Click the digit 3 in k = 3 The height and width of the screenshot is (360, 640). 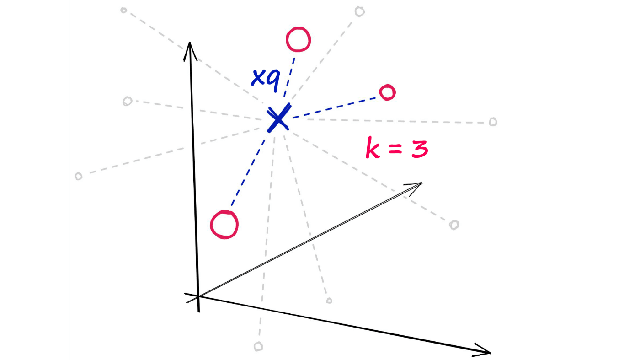pyautogui.click(x=419, y=149)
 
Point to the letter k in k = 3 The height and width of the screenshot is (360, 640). pyautogui.click(x=374, y=149)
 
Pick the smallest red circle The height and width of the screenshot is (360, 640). pyautogui.click(x=387, y=92)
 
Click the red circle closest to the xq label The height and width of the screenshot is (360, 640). pyautogui.click(x=298, y=39)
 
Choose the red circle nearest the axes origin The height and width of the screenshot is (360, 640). pyautogui.click(x=224, y=224)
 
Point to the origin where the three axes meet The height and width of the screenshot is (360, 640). pyautogui.click(x=198, y=297)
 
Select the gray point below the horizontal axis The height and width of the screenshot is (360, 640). pyautogui.click(x=258, y=346)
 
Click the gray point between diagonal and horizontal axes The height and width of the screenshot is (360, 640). pyautogui.click(x=329, y=301)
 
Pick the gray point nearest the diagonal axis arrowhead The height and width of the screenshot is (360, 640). pyautogui.click(x=454, y=225)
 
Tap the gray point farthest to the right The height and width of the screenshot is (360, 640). pyautogui.click(x=492, y=122)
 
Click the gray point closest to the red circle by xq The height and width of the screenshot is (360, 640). pyautogui.click(x=360, y=11)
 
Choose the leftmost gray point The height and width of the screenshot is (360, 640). pyautogui.click(x=79, y=176)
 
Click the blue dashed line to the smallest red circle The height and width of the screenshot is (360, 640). pyautogui.click(x=336, y=106)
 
